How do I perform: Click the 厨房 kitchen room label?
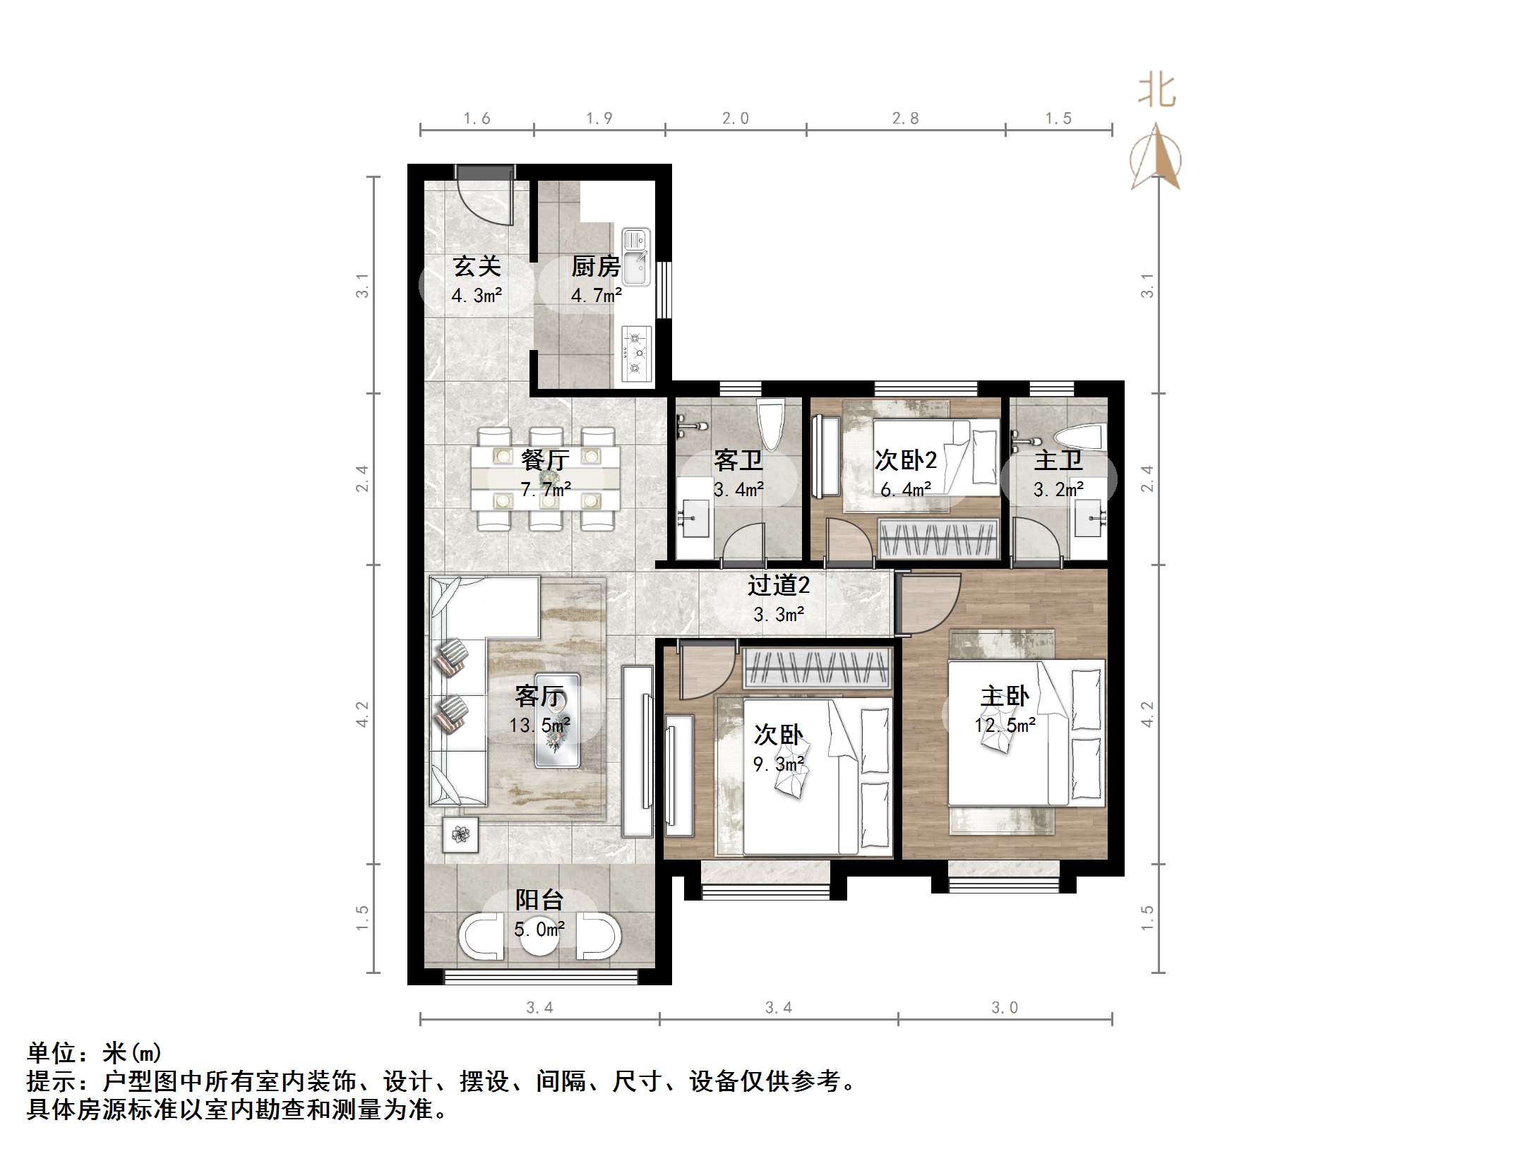point(596,267)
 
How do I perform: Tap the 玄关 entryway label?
point(477,267)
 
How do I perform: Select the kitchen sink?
point(636,258)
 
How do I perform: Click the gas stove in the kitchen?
point(636,354)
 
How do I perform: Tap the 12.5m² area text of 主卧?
point(1005,726)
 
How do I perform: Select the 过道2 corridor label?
point(779,585)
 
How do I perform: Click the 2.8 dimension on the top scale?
point(905,119)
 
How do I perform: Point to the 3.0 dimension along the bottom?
point(1004,1008)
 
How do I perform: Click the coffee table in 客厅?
point(557,720)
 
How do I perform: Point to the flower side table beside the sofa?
point(460,835)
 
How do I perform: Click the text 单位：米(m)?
point(95,1053)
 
